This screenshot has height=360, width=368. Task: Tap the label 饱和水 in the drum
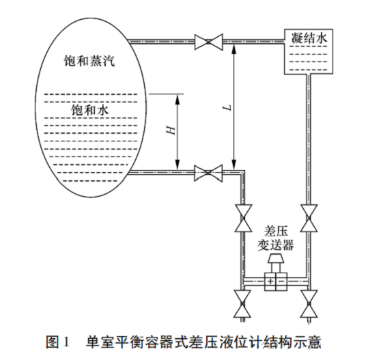pos(89,109)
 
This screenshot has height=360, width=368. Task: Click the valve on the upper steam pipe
pos(206,41)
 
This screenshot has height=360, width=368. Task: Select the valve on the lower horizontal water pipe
pos(206,173)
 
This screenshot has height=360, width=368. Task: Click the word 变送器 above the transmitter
pos(275,245)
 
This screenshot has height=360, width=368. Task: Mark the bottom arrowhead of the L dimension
pos(234,167)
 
